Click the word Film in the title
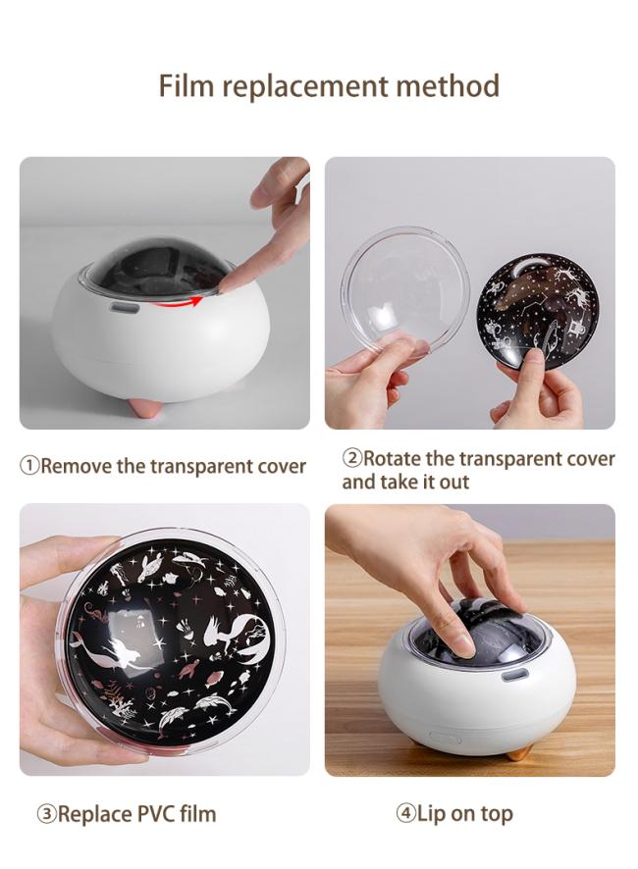186,86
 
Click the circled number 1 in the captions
28,466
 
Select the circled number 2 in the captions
351,458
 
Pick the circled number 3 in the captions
46,814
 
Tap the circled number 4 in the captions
405,813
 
